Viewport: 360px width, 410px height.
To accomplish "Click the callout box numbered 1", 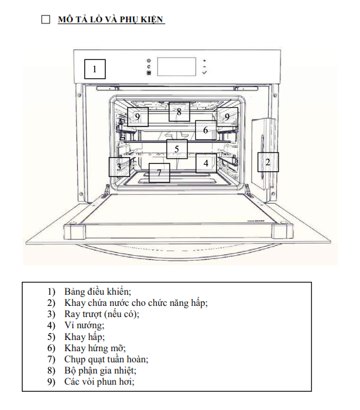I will click(95, 70).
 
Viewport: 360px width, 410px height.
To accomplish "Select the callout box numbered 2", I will click(268, 161).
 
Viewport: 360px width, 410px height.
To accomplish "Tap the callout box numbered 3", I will click(119, 167).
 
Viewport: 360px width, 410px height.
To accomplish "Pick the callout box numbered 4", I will click(206, 162).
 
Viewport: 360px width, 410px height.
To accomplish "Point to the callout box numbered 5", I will click(176, 149).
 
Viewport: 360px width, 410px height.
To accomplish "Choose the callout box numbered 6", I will click(206, 130).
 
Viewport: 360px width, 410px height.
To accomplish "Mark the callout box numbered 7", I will click(159, 173).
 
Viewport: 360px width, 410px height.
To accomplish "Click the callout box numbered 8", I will click(179, 111).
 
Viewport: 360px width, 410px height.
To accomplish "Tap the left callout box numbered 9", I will click(138, 117).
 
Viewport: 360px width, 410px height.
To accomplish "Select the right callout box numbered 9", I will click(227, 117).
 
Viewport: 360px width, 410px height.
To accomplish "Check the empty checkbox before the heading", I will click(46, 20).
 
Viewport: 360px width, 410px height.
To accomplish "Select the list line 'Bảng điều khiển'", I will click(98, 292).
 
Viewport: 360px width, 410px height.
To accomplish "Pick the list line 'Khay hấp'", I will click(85, 336).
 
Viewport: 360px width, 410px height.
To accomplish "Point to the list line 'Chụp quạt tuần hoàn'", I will click(106, 359).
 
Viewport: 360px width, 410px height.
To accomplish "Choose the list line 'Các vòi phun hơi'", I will click(99, 381).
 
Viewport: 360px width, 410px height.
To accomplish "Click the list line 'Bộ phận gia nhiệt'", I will click(101, 370).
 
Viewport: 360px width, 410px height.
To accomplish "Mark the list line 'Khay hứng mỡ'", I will click(95, 348).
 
